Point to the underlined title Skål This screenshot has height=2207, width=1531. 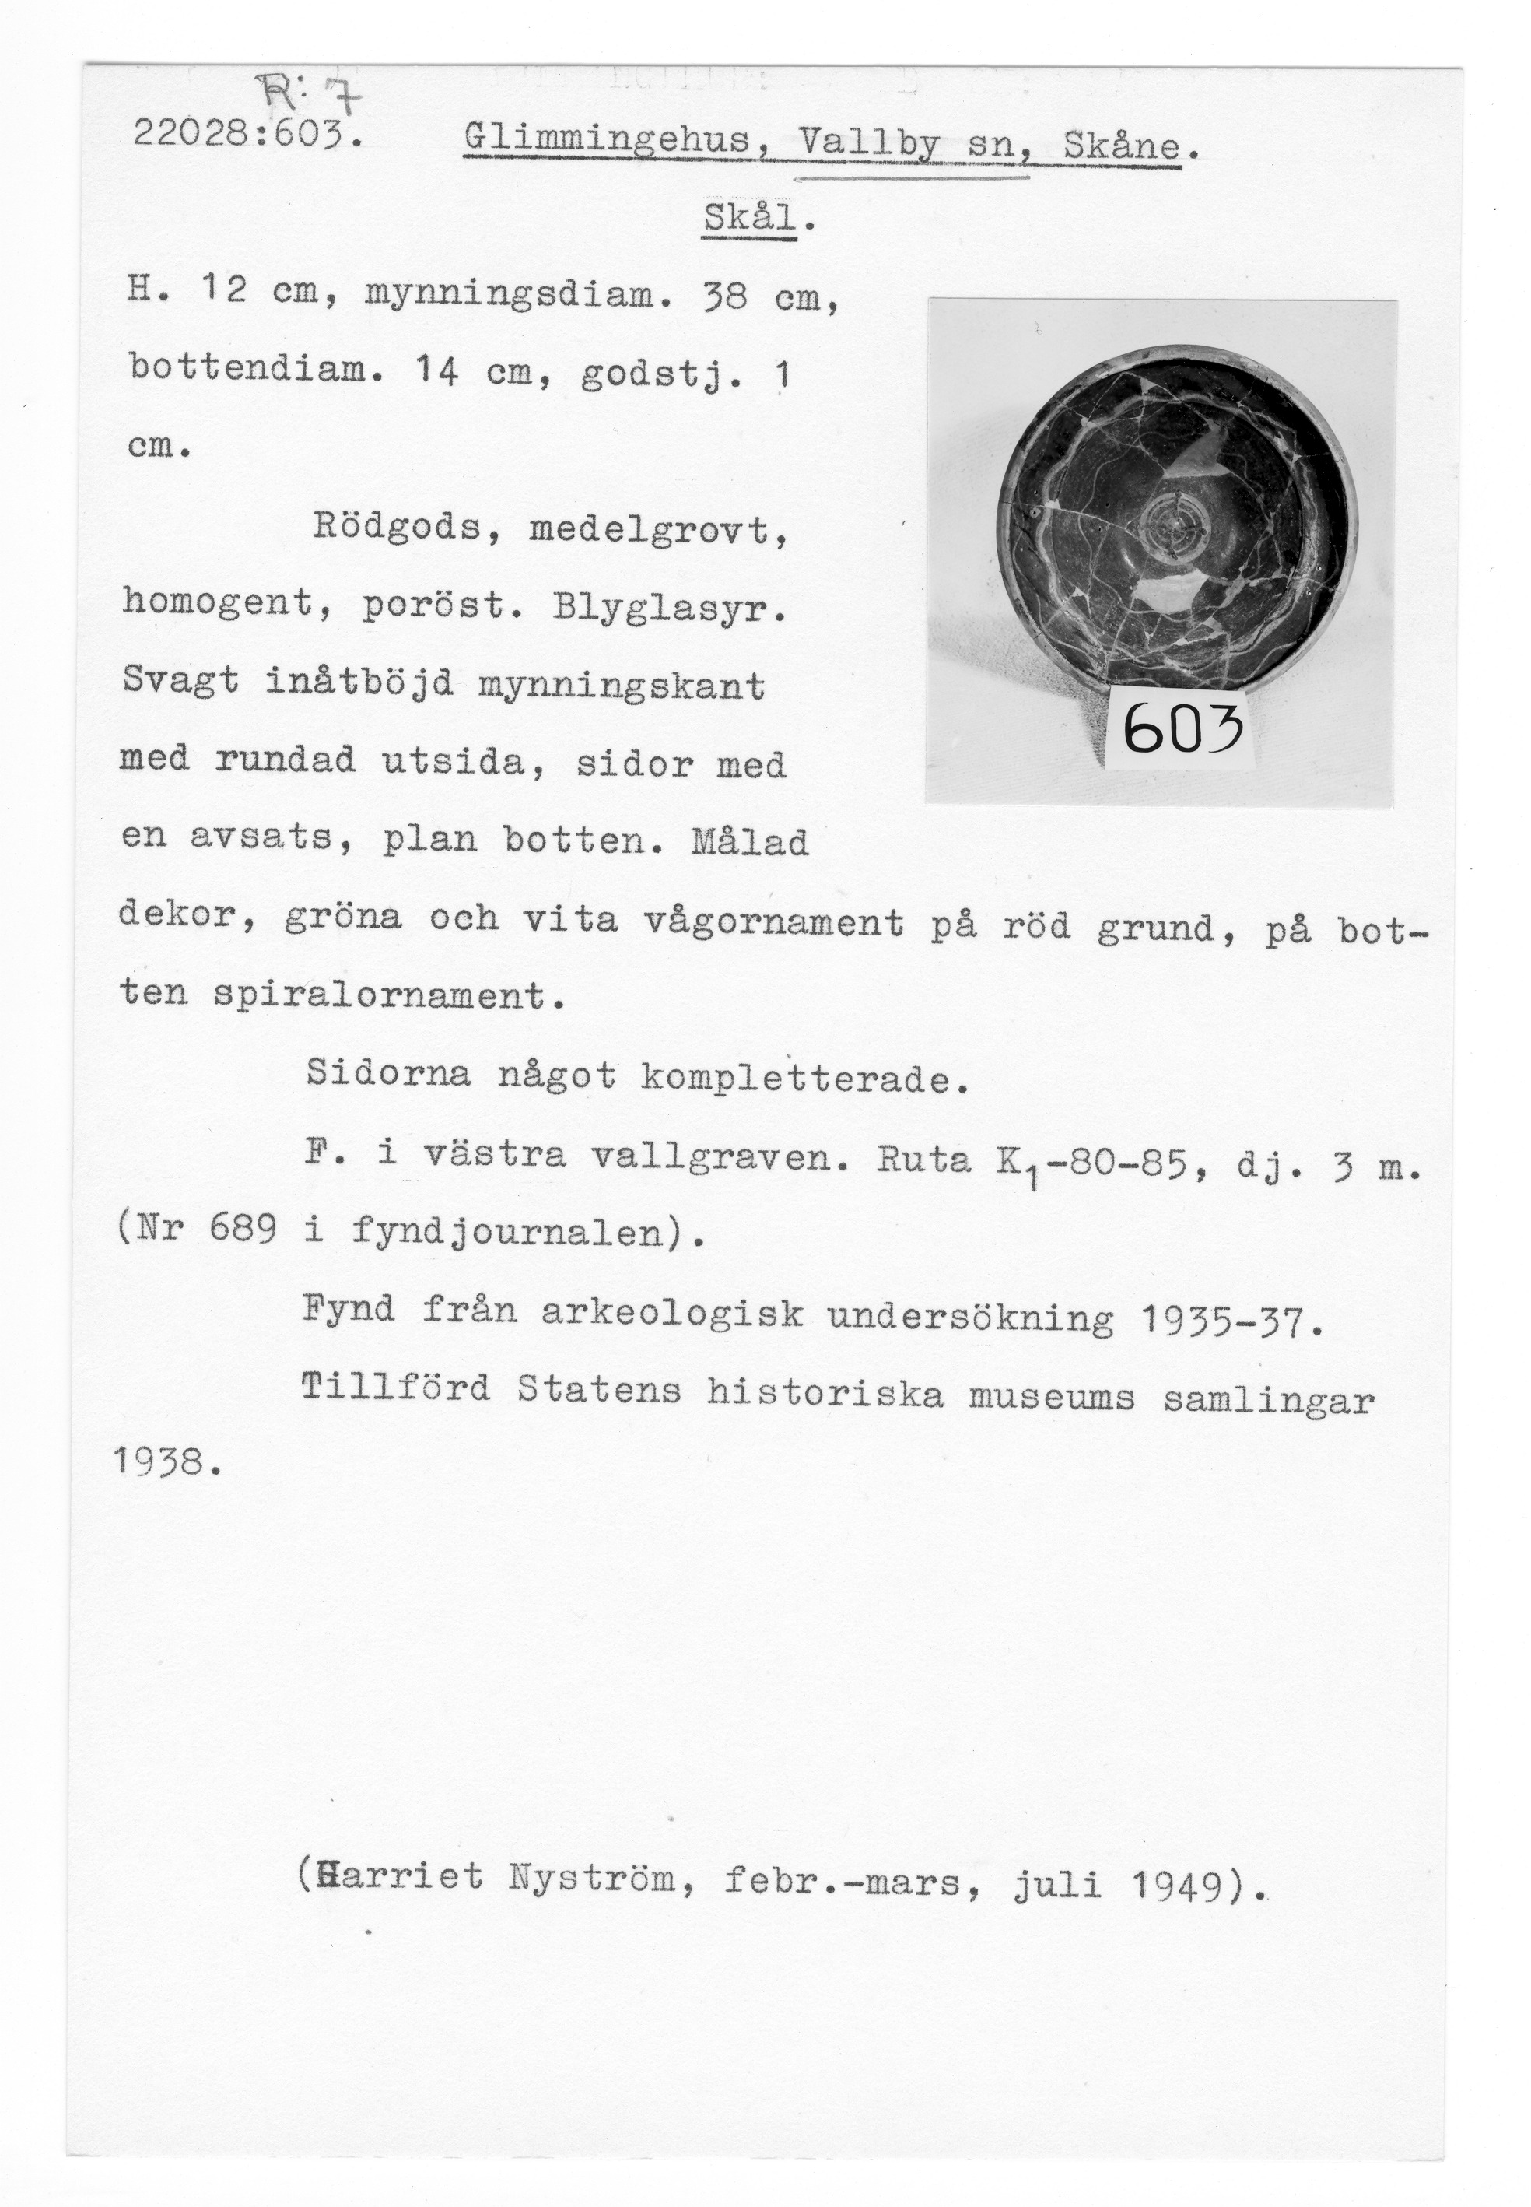[748, 219]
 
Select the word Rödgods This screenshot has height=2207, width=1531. [396, 528]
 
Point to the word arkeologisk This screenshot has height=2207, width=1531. [671, 1314]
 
